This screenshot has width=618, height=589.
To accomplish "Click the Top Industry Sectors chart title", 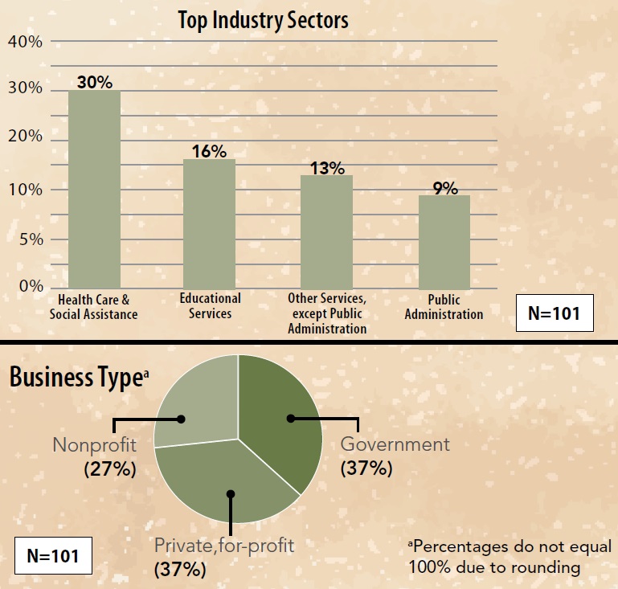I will pyautogui.click(x=263, y=20).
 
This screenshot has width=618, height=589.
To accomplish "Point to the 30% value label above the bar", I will pyautogui.click(x=94, y=82).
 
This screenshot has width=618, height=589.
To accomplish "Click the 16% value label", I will pyautogui.click(x=209, y=151).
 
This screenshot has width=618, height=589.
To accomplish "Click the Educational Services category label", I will pyautogui.click(x=210, y=305).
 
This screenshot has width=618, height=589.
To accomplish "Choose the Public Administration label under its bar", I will pyautogui.click(x=444, y=307).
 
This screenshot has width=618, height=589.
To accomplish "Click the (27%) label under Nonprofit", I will pyautogui.click(x=109, y=469).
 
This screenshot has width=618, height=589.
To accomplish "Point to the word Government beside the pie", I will pyautogui.click(x=395, y=444).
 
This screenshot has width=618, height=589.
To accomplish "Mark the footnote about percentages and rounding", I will pyautogui.click(x=510, y=557).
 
